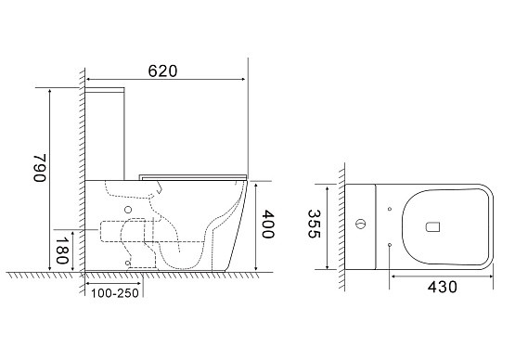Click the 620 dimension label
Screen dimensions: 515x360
(x=162, y=71)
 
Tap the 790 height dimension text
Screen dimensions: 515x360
(x=39, y=168)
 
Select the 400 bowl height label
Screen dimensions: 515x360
(x=267, y=225)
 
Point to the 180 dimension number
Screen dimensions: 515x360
(x=62, y=251)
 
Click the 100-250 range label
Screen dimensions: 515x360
(x=115, y=293)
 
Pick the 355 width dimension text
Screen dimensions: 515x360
(x=314, y=224)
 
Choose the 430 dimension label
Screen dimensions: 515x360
(x=442, y=287)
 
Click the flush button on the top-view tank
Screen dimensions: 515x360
(x=360, y=224)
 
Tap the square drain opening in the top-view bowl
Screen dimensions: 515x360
(x=432, y=227)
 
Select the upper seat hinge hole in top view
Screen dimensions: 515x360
(x=390, y=209)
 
